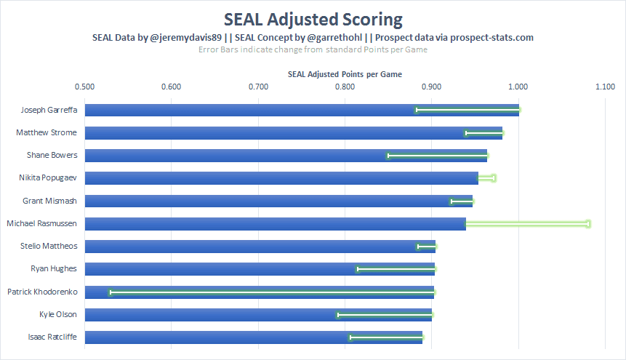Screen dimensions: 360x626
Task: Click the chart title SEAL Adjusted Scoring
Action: tap(313, 18)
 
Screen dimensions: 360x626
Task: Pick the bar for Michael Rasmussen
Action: tap(275, 224)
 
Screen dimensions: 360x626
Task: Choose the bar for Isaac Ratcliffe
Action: tap(253, 337)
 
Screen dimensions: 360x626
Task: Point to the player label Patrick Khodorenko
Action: tap(42, 292)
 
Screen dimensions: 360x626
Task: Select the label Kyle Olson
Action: tap(58, 315)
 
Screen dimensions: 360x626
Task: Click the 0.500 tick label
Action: tap(85, 87)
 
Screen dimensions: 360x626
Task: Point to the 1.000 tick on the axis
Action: tap(518, 87)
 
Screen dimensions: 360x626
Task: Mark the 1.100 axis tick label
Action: tap(605, 87)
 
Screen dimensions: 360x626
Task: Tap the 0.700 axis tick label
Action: tap(258, 87)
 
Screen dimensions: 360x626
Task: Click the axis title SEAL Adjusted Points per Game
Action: tap(345, 74)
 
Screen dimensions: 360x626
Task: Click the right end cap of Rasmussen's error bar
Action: tap(588, 224)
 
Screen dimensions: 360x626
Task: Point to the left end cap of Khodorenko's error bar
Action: tap(110, 292)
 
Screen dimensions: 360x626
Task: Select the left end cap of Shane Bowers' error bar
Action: tap(388, 156)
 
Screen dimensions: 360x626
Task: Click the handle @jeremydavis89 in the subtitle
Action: tap(184, 37)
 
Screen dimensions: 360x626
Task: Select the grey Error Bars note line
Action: tap(313, 49)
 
